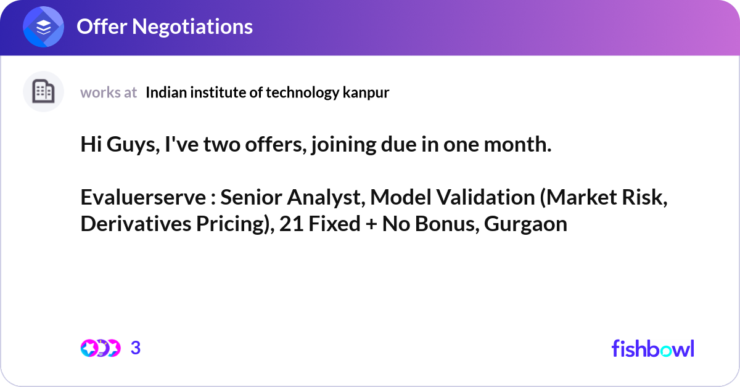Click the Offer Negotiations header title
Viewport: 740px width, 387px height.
[x=164, y=26]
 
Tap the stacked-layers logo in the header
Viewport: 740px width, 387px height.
[x=43, y=27]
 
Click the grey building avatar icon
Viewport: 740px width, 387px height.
[x=43, y=92]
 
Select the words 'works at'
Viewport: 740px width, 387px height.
[x=109, y=92]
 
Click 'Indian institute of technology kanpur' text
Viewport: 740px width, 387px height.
[x=268, y=92]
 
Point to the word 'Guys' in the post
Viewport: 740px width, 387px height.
[x=131, y=145]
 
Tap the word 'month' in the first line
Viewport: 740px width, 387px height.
[x=519, y=145]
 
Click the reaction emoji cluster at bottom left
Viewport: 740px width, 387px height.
[x=100, y=348]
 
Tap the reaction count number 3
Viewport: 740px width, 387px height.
[x=136, y=348]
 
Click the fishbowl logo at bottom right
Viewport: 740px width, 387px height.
[x=652, y=348]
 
